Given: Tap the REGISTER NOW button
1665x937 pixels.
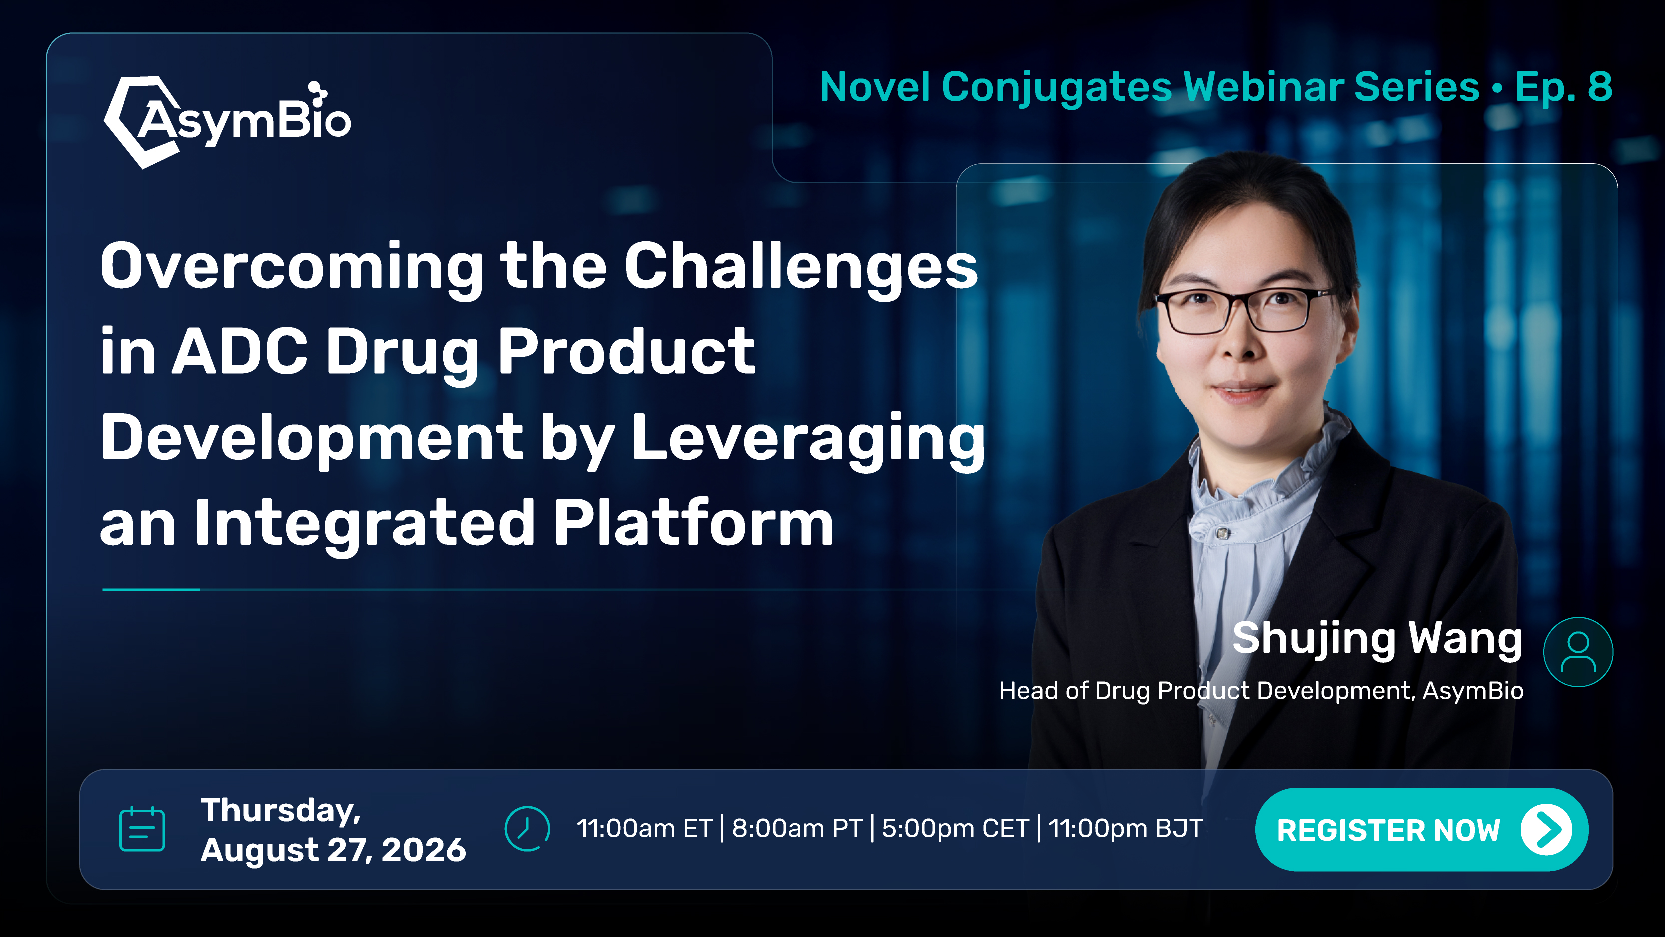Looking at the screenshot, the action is [1421, 829].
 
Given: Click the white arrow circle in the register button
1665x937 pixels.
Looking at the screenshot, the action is [1546, 830].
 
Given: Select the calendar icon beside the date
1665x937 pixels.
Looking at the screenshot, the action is [142, 829].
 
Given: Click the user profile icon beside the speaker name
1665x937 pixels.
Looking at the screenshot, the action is [1578, 652].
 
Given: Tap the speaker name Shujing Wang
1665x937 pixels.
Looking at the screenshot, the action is [1377, 639].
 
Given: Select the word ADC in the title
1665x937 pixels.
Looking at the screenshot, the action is [239, 351].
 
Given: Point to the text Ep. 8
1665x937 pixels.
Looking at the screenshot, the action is [1563, 88].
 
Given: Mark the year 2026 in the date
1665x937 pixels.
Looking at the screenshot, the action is [423, 850].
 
